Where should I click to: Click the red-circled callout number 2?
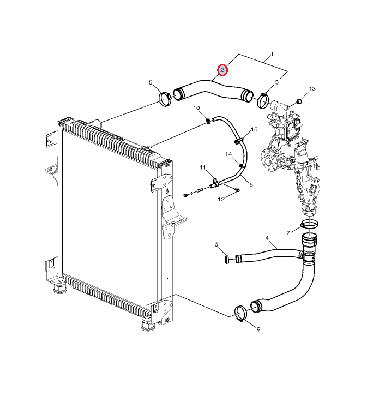222,70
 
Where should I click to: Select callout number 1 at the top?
272,55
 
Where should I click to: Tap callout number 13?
312,89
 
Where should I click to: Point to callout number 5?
151,82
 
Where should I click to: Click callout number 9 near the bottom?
258,329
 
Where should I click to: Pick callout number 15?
254,129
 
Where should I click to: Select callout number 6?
216,244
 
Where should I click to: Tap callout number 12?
221,199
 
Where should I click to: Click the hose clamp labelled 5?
165,99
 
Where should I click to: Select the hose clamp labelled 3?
263,100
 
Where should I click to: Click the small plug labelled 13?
299,101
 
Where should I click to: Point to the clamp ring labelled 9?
240,314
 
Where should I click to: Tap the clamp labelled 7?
309,225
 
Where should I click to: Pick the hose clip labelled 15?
238,141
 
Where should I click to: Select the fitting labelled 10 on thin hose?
208,122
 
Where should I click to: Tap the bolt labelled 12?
237,190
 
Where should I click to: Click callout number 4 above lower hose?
267,238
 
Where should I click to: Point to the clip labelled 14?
241,166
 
